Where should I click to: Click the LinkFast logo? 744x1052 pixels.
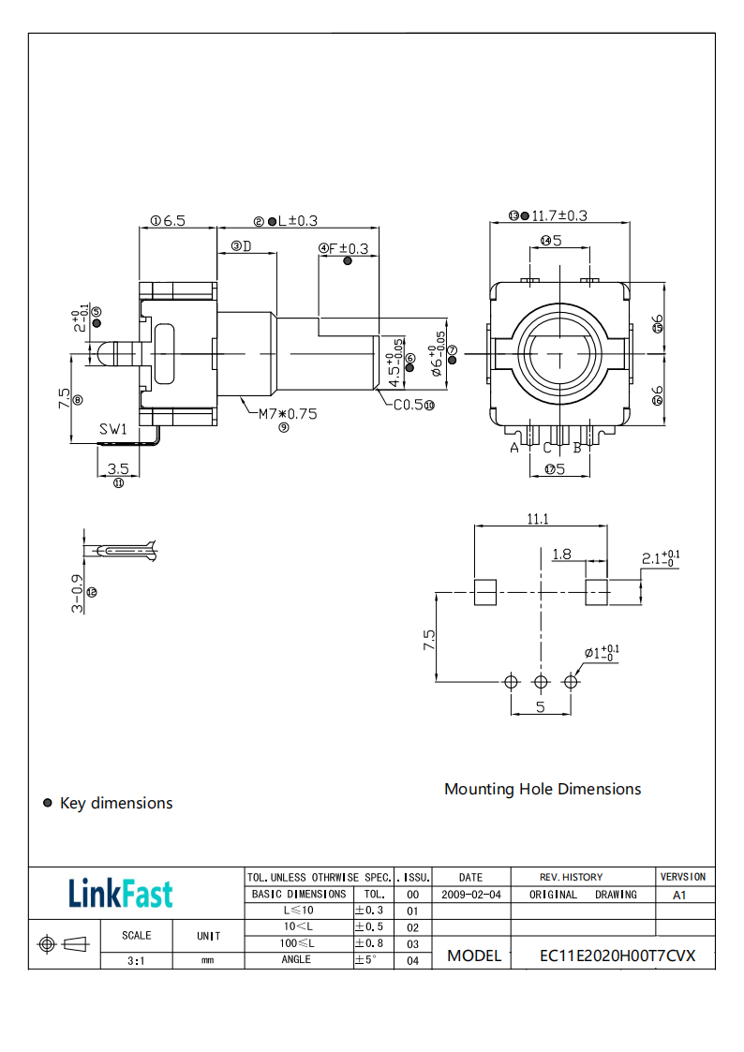(120, 893)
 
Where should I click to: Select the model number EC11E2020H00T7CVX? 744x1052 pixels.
(618, 956)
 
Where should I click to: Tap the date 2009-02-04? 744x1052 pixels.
(470, 895)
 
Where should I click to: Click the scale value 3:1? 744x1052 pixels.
(136, 960)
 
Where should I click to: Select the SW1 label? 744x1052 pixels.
(113, 429)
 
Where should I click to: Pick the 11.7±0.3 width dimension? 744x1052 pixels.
(559, 215)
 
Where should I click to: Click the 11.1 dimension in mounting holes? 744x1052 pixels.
(537, 518)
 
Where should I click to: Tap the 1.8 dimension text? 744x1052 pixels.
(561, 554)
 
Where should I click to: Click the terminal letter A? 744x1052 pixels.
(513, 448)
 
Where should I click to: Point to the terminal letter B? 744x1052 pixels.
(577, 448)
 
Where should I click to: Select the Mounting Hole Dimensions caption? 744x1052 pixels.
(543, 789)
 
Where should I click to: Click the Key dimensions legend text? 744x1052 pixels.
(116, 803)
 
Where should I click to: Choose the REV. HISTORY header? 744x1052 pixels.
(571, 877)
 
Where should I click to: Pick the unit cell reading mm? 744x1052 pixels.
(208, 960)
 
